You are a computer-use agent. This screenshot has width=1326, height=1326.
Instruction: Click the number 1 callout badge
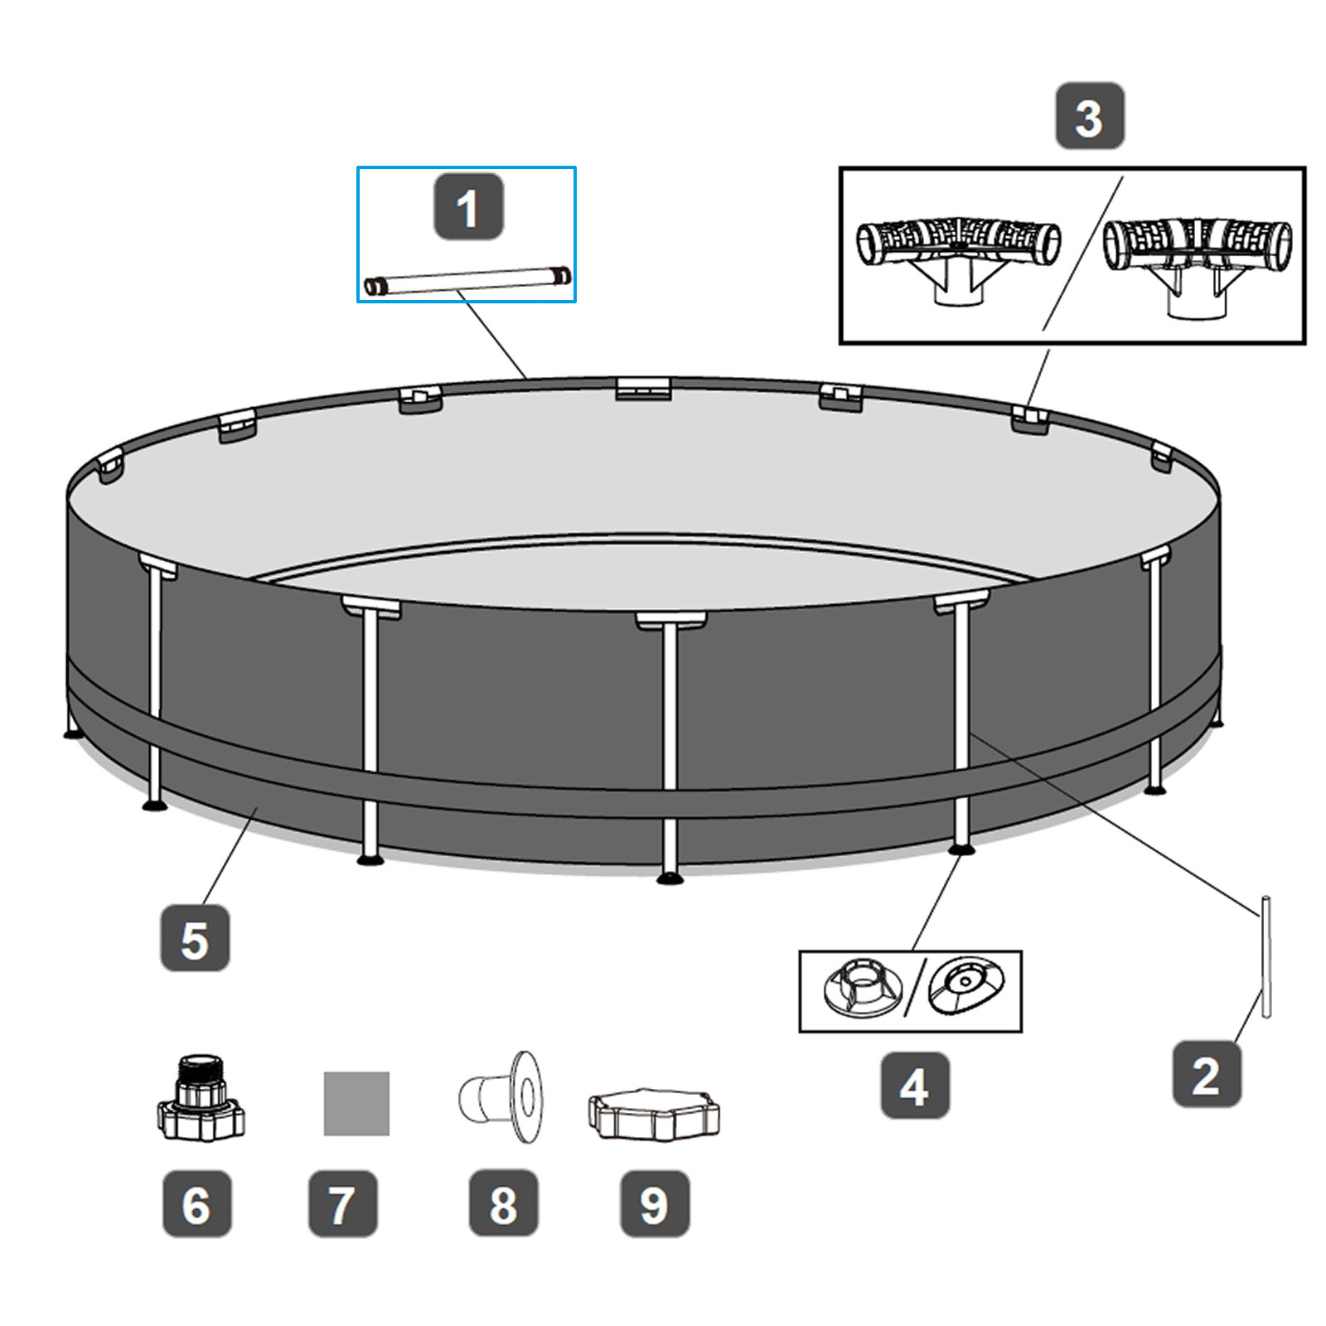[x=468, y=207]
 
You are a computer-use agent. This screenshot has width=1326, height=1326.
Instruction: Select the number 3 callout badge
[x=1090, y=116]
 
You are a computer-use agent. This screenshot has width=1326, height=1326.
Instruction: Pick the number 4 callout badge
[x=915, y=1085]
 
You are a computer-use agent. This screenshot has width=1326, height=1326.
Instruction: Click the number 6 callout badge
[x=196, y=1203]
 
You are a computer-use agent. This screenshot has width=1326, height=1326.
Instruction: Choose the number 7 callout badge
[x=342, y=1203]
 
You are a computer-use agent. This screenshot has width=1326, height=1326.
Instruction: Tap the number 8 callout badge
[x=503, y=1203]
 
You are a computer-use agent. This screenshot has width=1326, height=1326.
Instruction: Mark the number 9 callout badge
[x=655, y=1203]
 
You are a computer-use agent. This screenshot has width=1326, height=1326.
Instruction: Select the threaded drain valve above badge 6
[x=201, y=1098]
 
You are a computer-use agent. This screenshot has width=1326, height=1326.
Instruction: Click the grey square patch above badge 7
[x=356, y=1104]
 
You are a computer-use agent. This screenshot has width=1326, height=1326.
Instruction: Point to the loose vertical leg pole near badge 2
[x=1266, y=956]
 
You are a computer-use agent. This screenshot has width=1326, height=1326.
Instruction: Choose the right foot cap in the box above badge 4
[x=965, y=986]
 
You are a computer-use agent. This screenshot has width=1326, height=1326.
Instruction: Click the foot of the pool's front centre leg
[x=670, y=878]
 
